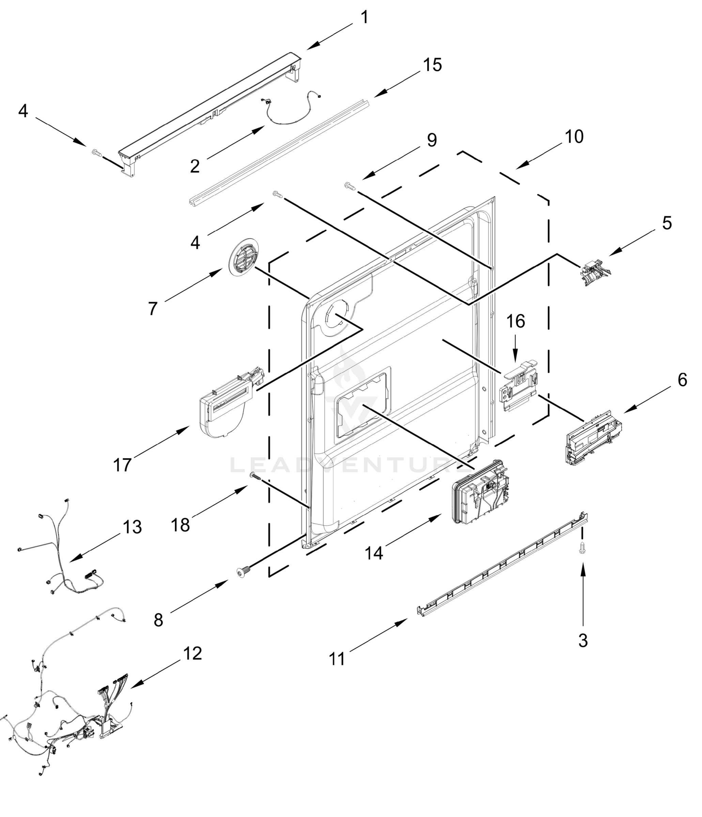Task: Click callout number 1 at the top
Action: click(x=364, y=17)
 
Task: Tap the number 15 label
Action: click(x=433, y=65)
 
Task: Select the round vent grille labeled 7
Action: click(x=242, y=257)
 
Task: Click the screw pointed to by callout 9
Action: click(x=349, y=185)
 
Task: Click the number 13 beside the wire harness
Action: click(x=132, y=527)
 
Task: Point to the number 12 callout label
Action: click(x=192, y=654)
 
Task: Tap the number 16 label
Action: click(x=515, y=321)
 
